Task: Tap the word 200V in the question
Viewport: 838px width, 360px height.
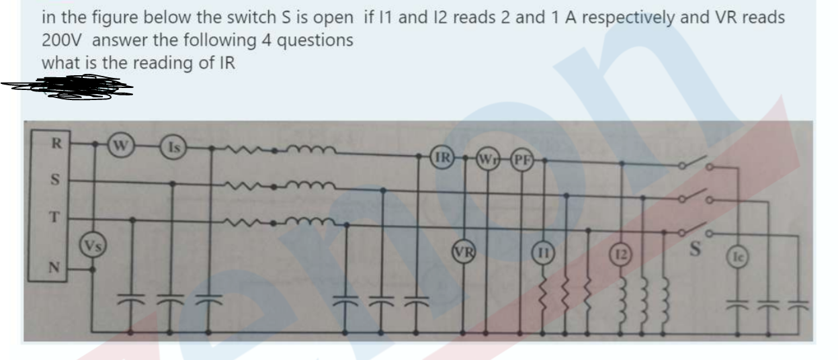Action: (62, 40)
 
